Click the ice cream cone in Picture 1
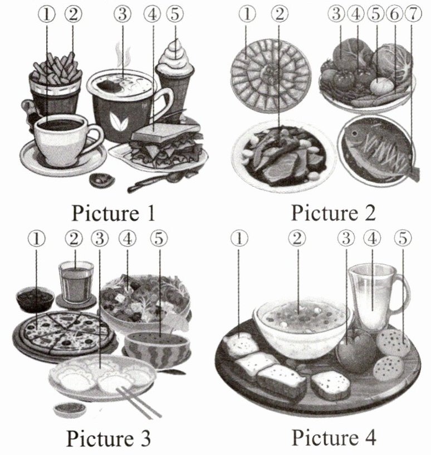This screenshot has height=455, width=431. [175, 75]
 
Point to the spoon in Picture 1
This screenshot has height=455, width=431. [156, 181]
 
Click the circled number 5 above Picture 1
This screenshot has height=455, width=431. [175, 14]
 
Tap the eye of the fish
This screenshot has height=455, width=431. [354, 134]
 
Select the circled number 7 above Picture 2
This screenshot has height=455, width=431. [413, 14]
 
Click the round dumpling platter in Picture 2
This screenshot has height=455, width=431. [271, 76]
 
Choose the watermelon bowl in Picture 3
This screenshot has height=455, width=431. [158, 347]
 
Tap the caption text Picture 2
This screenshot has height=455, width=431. [333, 212]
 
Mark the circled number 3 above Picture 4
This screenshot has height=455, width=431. [346, 238]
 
